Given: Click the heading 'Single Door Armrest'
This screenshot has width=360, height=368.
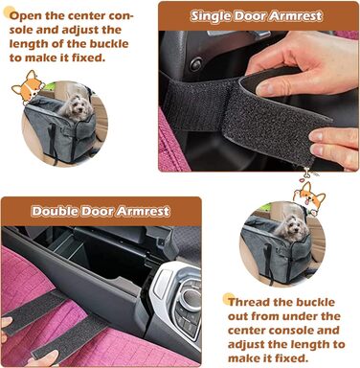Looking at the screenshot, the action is [x=256, y=16].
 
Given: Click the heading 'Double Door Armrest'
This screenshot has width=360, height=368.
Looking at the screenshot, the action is [x=101, y=211].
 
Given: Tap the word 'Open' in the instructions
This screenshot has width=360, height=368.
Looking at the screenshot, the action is [x=26, y=15].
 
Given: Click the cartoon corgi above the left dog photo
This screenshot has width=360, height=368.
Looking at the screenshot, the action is [x=28, y=87].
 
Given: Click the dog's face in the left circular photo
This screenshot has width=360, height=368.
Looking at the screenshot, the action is [x=77, y=106].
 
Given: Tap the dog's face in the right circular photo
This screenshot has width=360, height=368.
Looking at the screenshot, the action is [x=291, y=227].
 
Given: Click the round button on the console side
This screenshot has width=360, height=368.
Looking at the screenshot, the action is [x=195, y=64].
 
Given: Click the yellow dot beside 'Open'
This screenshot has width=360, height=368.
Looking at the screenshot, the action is [x=8, y=12].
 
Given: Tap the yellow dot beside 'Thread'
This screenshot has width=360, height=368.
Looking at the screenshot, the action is [x=228, y=299].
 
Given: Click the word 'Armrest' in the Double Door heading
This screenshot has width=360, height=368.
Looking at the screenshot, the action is [x=143, y=211].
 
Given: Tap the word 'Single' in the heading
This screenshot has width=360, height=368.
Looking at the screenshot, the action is [x=211, y=16].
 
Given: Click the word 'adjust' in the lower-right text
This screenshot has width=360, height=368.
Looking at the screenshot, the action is [x=246, y=344].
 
